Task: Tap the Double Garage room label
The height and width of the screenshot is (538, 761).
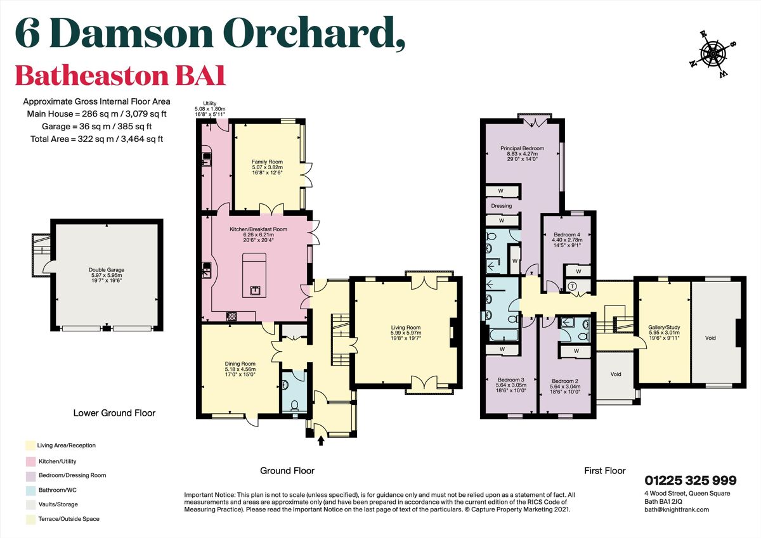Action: pyautogui.click(x=106, y=273)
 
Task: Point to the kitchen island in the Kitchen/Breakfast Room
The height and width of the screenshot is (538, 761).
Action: pyautogui.click(x=255, y=274)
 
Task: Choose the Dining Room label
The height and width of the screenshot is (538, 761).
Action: pyautogui.click(x=240, y=368)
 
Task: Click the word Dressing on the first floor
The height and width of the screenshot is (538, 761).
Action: pyautogui.click(x=501, y=205)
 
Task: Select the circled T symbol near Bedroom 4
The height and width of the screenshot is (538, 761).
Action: pyautogui.click(x=573, y=286)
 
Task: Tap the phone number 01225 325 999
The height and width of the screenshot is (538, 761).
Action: pyautogui.click(x=691, y=481)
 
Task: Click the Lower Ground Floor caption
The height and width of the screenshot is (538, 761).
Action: pyautogui.click(x=114, y=413)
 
